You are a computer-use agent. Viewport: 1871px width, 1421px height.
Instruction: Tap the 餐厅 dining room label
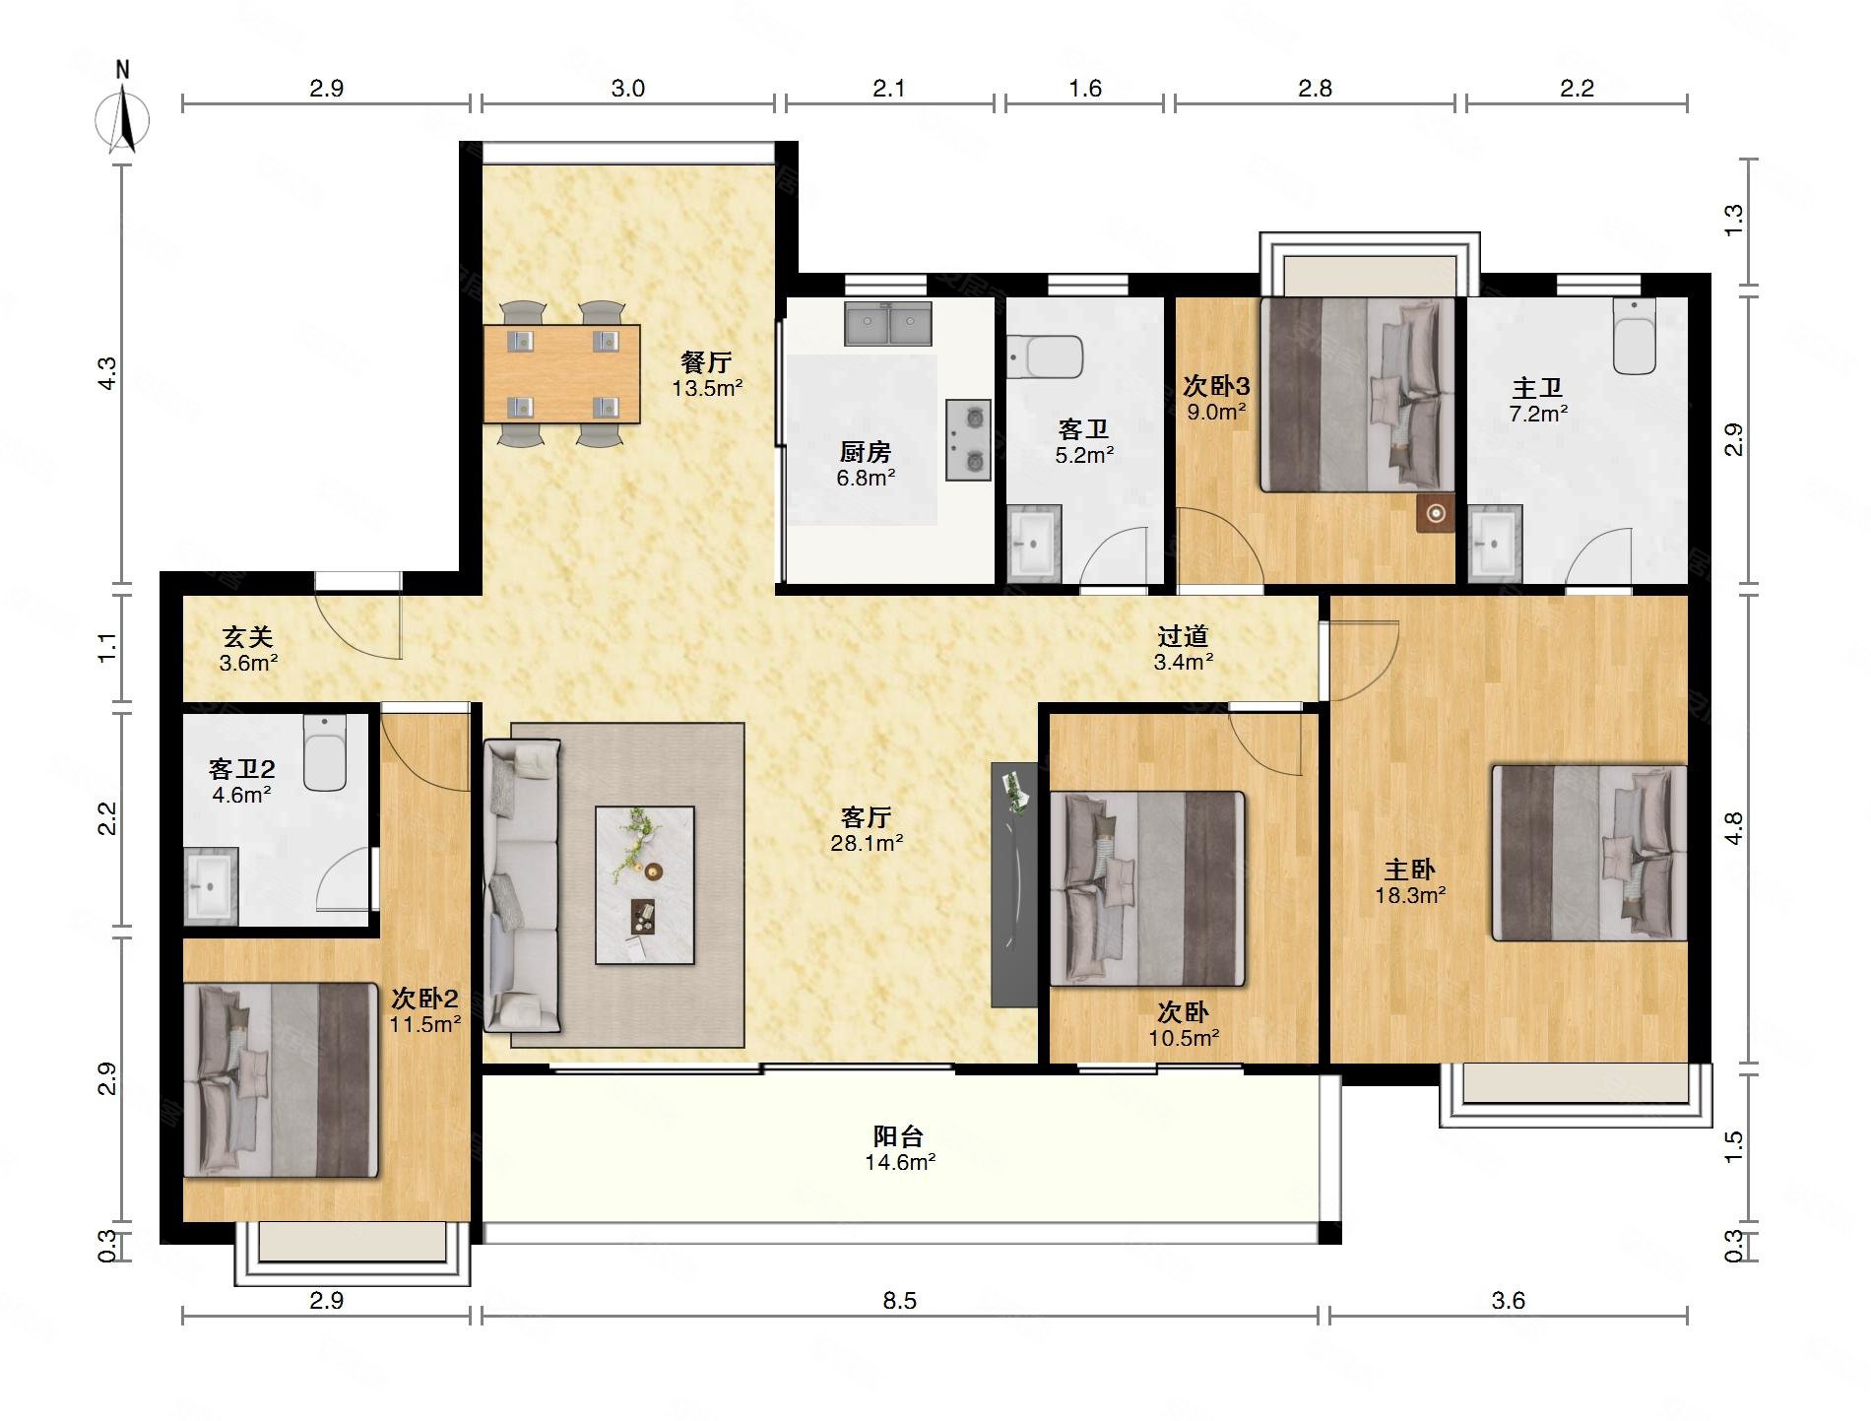pyautogui.click(x=706, y=362)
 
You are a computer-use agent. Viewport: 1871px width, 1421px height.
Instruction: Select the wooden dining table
pyautogui.click(x=561, y=374)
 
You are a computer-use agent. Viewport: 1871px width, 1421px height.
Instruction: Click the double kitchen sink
pyautogui.click(x=887, y=323)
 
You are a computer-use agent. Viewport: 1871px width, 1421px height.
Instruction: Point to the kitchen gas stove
pyautogui.click(x=968, y=439)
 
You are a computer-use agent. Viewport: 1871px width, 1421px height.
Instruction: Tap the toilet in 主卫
pyautogui.click(x=1635, y=337)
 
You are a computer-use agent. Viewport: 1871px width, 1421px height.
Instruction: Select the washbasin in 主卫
pyautogui.click(x=1495, y=544)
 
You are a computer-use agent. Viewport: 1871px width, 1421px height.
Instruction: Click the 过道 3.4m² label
pyautogui.click(x=1183, y=649)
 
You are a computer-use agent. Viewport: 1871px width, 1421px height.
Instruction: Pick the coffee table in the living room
pyautogui.click(x=644, y=884)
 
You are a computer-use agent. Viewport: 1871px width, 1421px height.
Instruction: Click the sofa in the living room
pyautogui.click(x=522, y=885)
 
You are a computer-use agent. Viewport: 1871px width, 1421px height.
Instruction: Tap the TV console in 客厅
pyautogui.click(x=1014, y=884)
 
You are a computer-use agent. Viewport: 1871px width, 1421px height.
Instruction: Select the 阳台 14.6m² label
pyautogui.click(x=900, y=1149)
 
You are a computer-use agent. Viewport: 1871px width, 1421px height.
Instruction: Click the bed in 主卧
pyautogui.click(x=1589, y=853)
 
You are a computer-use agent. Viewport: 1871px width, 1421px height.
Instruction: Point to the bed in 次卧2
pyautogui.click(x=282, y=1079)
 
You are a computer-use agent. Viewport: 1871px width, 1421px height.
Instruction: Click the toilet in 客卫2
pyautogui.click(x=325, y=752)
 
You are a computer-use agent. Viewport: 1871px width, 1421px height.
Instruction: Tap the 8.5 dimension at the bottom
pyautogui.click(x=899, y=1301)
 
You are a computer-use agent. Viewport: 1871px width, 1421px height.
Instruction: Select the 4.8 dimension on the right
pyautogui.click(x=1733, y=827)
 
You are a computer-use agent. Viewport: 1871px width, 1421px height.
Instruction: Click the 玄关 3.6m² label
pyautogui.click(x=248, y=650)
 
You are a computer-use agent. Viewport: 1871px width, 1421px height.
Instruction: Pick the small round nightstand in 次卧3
pyautogui.click(x=1436, y=513)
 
